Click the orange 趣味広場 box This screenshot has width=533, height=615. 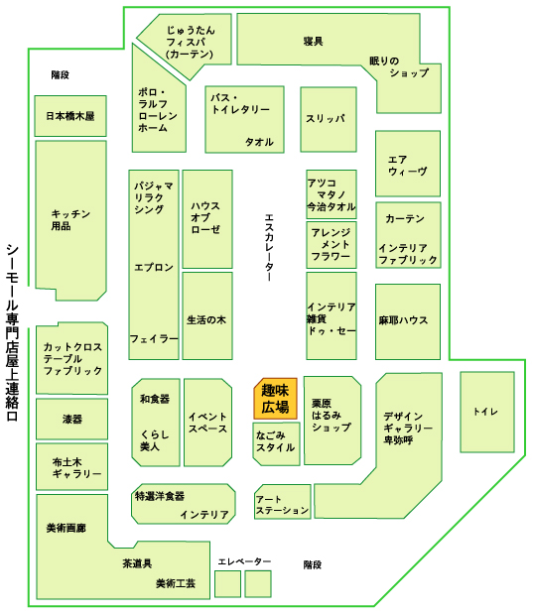(x=275, y=399)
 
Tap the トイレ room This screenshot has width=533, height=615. (x=487, y=412)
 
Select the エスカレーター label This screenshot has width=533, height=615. (x=269, y=248)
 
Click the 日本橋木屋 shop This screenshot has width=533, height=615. (x=70, y=116)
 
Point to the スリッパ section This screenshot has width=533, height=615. (x=329, y=119)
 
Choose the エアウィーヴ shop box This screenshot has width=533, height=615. (x=407, y=164)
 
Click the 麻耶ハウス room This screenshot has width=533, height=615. (x=407, y=321)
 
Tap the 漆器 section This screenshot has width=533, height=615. (x=71, y=419)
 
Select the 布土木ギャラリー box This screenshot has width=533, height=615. (x=71, y=467)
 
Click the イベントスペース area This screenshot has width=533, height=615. (x=207, y=423)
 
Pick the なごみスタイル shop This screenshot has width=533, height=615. (x=276, y=443)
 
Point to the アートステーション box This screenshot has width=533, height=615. (x=282, y=502)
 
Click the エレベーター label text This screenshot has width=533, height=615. (x=244, y=561)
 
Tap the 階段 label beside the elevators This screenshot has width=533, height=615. (x=313, y=564)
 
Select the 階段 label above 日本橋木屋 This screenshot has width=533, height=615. (x=61, y=75)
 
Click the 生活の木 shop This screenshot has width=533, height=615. (x=207, y=315)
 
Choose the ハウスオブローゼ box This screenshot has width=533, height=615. (x=207, y=219)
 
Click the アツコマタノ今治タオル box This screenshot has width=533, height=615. (x=332, y=194)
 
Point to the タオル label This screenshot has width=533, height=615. (x=259, y=142)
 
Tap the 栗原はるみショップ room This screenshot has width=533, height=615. (x=333, y=421)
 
